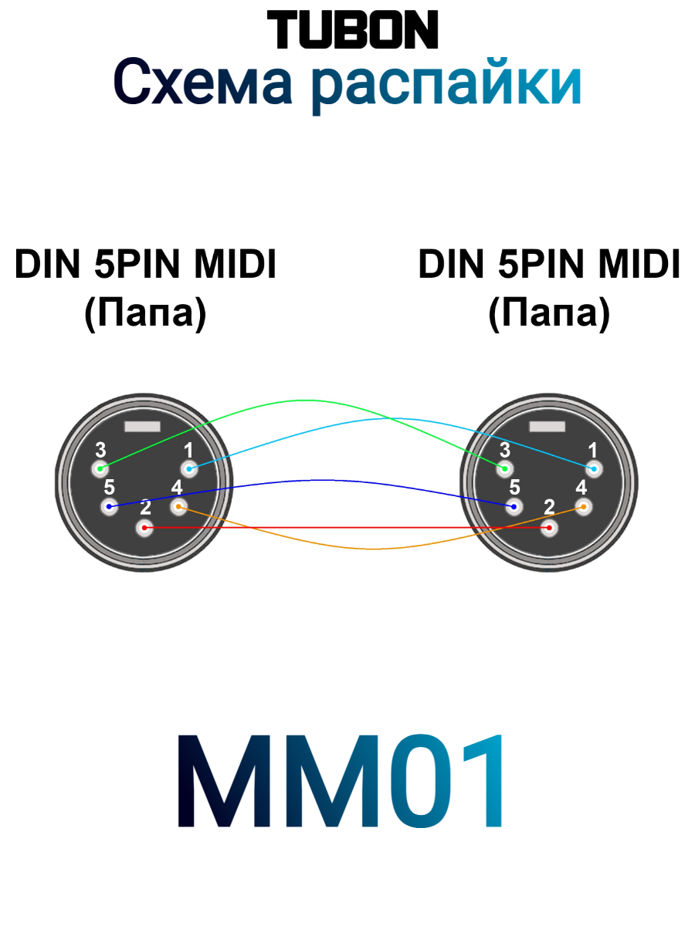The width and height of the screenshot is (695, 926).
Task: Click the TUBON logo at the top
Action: pos(352,30)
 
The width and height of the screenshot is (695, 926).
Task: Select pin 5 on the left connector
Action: pos(110,507)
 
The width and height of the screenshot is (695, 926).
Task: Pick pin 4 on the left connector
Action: pos(179,507)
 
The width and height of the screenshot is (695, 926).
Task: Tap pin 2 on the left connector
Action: pos(144,528)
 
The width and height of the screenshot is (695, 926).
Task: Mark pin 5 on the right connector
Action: pos(514,507)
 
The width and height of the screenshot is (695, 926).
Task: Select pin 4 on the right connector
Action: pos(584,507)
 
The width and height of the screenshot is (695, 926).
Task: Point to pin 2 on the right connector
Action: pos(549,528)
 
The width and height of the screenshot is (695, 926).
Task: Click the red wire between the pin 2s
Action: pos(347,528)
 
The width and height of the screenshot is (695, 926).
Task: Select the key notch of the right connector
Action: pos(547,427)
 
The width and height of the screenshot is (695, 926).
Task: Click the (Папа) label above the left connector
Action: pos(145,314)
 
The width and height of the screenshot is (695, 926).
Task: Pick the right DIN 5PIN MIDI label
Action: pos(549,265)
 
